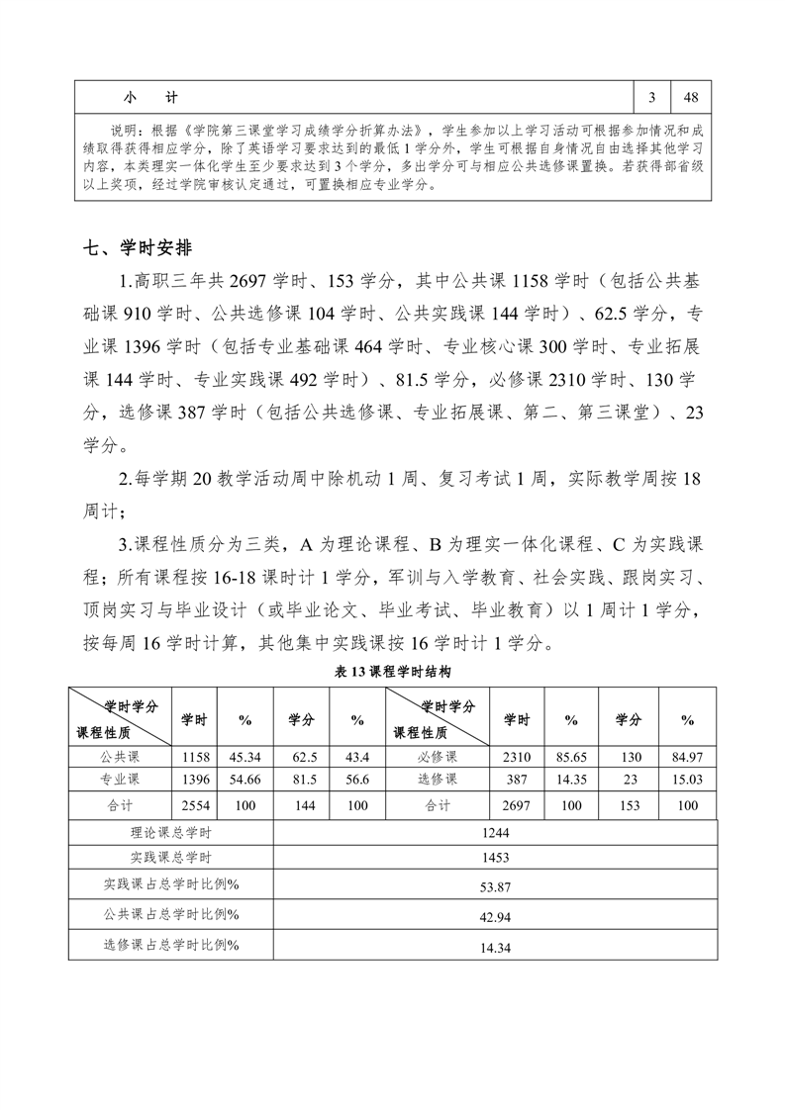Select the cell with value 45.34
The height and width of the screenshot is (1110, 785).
[x=245, y=758]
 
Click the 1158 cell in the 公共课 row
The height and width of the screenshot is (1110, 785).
[x=194, y=758]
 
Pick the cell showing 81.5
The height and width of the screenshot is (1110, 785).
[x=306, y=782]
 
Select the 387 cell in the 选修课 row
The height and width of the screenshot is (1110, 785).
[x=517, y=782]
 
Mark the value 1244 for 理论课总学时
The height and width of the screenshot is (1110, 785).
[x=495, y=833]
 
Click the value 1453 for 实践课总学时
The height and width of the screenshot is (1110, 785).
[x=495, y=858]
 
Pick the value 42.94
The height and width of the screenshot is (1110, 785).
[x=495, y=917]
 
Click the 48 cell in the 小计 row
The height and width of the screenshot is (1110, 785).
[x=691, y=97]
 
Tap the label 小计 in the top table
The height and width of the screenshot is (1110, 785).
[x=150, y=97]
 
